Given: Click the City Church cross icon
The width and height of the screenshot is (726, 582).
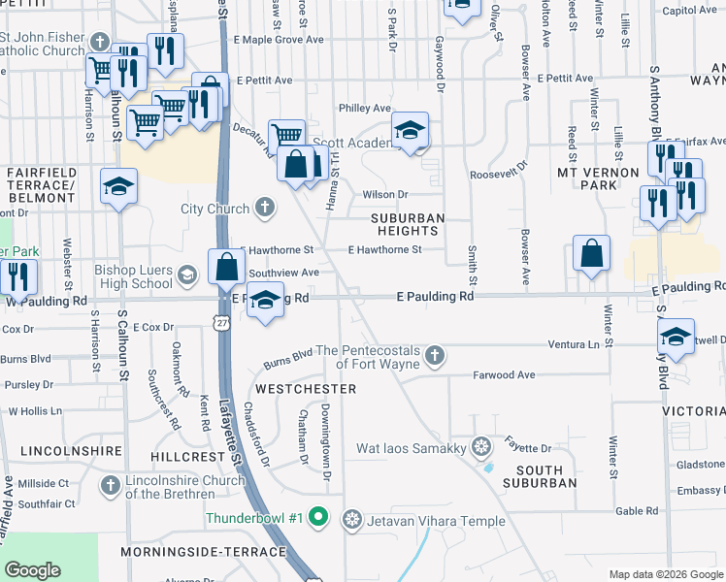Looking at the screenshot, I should pyautogui.click(x=264, y=208).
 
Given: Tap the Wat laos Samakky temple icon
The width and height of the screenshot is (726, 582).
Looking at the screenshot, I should pyautogui.click(x=479, y=447).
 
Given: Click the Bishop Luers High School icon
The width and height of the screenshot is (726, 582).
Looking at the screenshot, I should pyautogui.click(x=186, y=276).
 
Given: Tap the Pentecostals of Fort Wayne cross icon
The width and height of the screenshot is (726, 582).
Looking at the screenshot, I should pyautogui.click(x=435, y=356).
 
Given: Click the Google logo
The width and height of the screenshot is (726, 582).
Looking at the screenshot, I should pyautogui.click(x=32, y=569).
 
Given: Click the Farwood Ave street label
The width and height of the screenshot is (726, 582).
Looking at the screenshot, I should pyautogui.click(x=504, y=374).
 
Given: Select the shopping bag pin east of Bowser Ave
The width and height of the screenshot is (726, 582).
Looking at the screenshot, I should pyautogui.click(x=591, y=255).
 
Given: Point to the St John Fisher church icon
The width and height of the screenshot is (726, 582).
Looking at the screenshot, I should pyautogui.click(x=99, y=42).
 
